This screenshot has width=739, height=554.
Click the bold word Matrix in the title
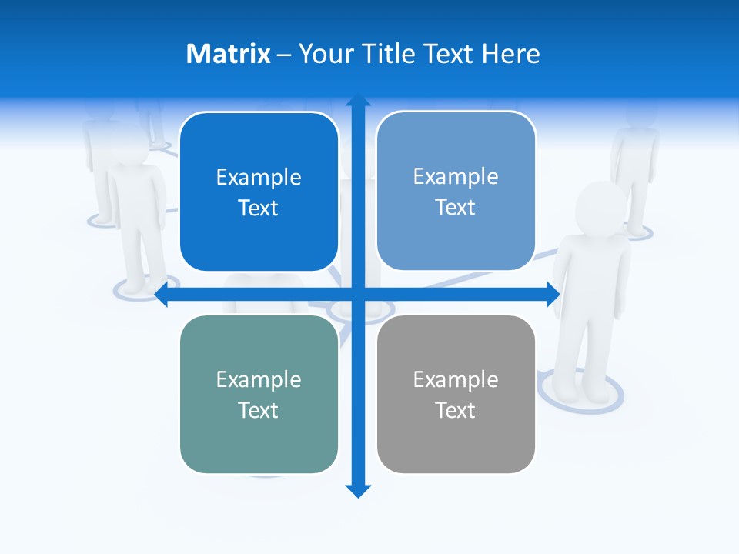[x=228, y=54]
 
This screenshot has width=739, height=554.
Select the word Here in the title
[x=511, y=54]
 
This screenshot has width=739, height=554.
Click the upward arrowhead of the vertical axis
[x=358, y=102]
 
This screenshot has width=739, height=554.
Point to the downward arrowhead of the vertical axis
[x=358, y=490]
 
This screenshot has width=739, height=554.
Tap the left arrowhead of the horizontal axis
[x=162, y=294]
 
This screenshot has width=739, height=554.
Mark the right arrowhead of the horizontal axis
[x=552, y=294]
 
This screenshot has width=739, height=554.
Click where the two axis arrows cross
[x=358, y=294]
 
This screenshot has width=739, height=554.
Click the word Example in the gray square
[x=456, y=379]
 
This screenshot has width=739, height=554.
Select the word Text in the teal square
[x=258, y=410]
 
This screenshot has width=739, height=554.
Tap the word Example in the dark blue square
[x=259, y=177]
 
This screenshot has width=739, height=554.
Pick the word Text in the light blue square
[x=456, y=208]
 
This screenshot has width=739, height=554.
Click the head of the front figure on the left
[x=131, y=146]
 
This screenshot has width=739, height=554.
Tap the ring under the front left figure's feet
[x=139, y=289]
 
